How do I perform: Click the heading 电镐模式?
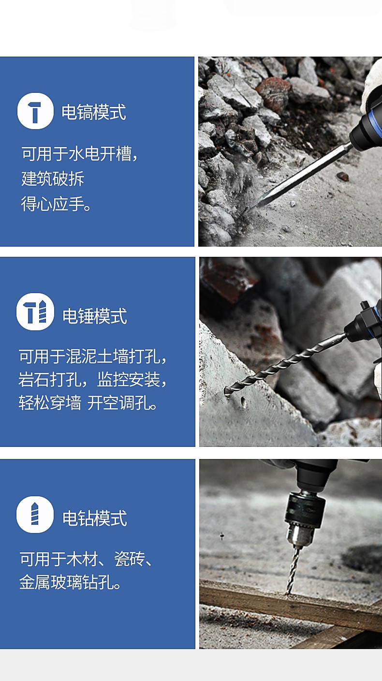(x=94, y=112)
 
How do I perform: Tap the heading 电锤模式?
(x=94, y=316)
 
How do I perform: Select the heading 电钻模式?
(x=94, y=518)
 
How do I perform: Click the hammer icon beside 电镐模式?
(x=35, y=111)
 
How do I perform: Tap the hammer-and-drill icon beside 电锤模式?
(x=35, y=311)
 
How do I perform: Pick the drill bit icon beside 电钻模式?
(x=35, y=515)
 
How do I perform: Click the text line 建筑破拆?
(x=53, y=178)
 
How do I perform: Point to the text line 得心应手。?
(x=56, y=204)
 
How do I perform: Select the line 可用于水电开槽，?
(x=80, y=153)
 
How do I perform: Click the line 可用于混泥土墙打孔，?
(x=93, y=356)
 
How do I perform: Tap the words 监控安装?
(x=128, y=379)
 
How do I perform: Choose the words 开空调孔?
(x=118, y=403)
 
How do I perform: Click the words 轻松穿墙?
(x=50, y=403)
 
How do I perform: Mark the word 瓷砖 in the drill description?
(x=130, y=559)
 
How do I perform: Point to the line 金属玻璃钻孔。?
(x=70, y=582)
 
